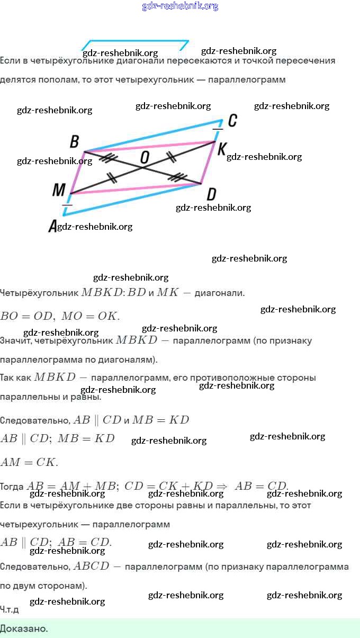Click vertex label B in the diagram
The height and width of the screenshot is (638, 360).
pyautogui.click(x=75, y=141)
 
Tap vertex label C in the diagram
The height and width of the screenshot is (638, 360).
pyautogui.click(x=232, y=121)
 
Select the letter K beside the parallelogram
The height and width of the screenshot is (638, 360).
pyautogui.click(x=221, y=148)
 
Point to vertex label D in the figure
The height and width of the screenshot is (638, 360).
pyautogui.click(x=211, y=194)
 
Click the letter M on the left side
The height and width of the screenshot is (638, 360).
pyautogui.click(x=59, y=190)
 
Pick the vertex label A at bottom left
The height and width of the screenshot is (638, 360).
pyautogui.click(x=52, y=227)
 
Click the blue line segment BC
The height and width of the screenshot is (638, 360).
pyautogui.click(x=154, y=136)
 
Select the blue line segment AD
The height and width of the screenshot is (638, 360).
pyautogui.click(x=132, y=199)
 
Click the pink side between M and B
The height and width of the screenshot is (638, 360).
pyautogui.click(x=78, y=172)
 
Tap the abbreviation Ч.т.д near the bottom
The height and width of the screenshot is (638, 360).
pyautogui.click(x=10, y=609)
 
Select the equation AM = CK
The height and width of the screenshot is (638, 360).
pyautogui.click(x=29, y=462)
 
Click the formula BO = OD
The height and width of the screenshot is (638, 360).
pyautogui.click(x=26, y=316)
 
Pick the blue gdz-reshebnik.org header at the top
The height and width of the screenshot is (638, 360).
pyautogui.click(x=180, y=6)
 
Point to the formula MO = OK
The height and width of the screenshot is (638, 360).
pyautogui.click(x=91, y=316)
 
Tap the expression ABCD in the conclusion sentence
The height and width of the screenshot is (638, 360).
pyautogui.click(x=91, y=566)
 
